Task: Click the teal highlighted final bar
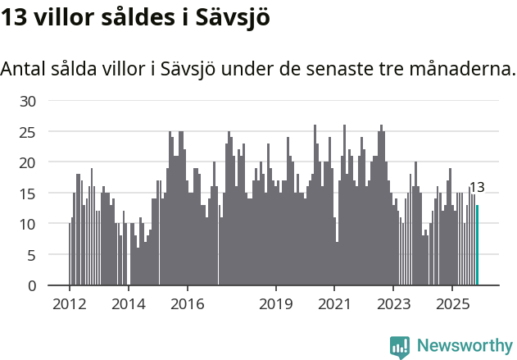(x=477, y=245)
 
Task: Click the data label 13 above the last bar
(x=476, y=187)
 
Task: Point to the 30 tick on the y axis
(x=29, y=101)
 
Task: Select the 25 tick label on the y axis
(x=29, y=132)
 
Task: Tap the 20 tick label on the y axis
(x=29, y=162)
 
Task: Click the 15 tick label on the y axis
(x=29, y=194)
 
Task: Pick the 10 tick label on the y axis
(x=29, y=224)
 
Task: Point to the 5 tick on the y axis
(x=33, y=255)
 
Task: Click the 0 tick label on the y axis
(x=33, y=285)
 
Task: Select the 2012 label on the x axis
(x=70, y=303)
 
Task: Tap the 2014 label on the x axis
(x=129, y=303)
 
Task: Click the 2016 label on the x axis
(x=188, y=303)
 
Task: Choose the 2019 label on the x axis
(x=276, y=303)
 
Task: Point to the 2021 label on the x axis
(x=335, y=303)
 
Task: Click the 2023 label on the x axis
(x=394, y=303)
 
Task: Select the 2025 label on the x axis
(x=453, y=303)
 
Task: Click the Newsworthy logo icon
(x=400, y=346)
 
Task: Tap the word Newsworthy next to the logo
(x=464, y=346)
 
